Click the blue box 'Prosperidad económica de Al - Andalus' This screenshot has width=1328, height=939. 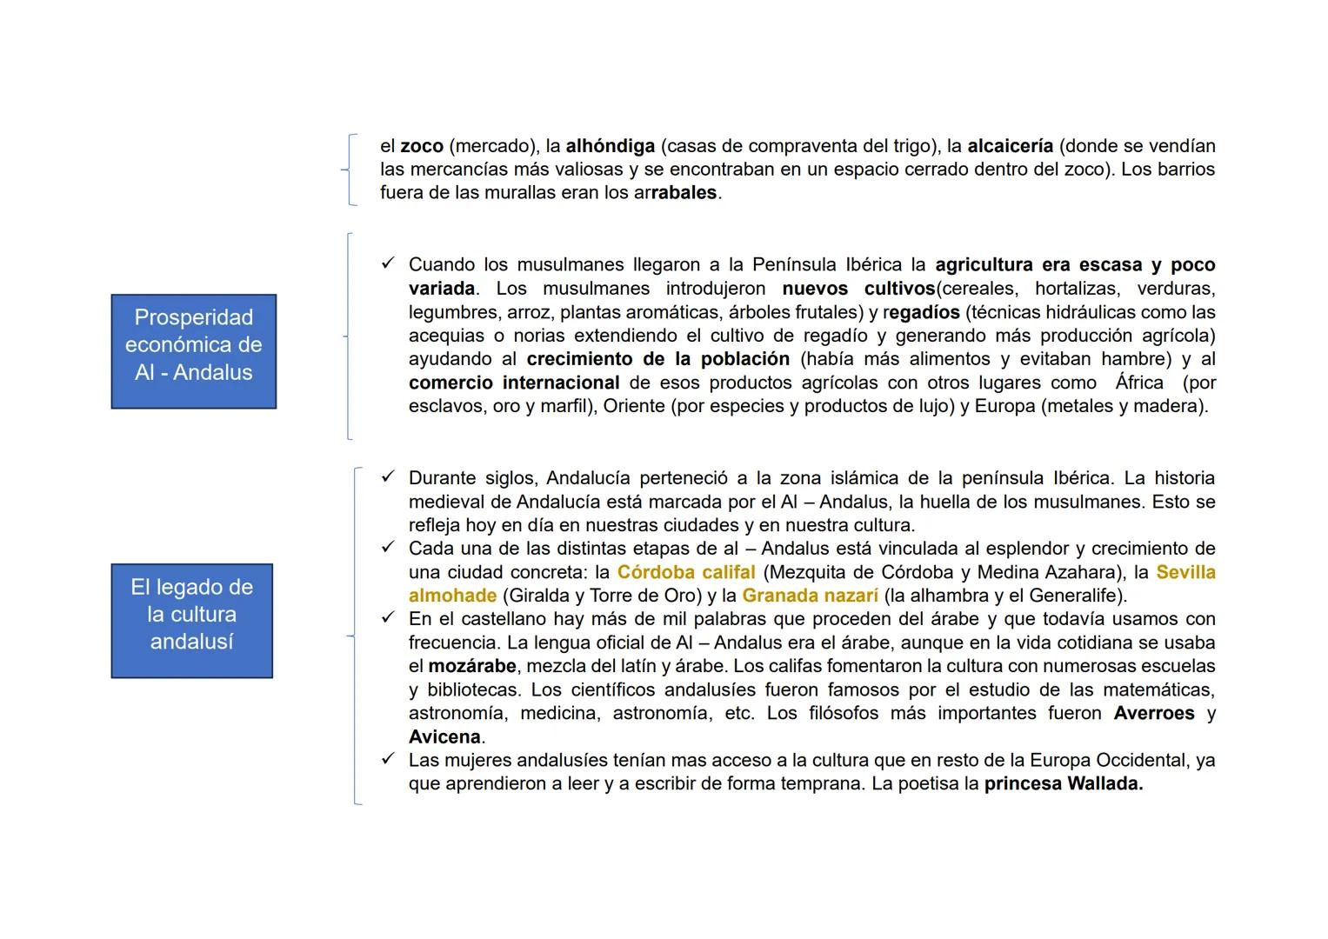(x=193, y=351)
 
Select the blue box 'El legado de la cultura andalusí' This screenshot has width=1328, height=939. (x=191, y=621)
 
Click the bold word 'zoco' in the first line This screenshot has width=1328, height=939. (x=422, y=146)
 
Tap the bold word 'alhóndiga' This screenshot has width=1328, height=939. (x=610, y=146)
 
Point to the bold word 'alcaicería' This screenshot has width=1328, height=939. (x=1010, y=146)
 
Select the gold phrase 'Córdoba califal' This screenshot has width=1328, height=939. (x=686, y=572)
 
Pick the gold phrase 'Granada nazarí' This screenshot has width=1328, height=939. (x=810, y=596)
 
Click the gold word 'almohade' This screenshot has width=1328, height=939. (x=452, y=596)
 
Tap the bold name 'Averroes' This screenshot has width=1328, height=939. (x=1154, y=713)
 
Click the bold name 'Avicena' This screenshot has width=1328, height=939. (x=444, y=736)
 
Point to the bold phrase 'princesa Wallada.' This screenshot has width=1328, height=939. (x=1064, y=783)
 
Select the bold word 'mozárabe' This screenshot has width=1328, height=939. (x=472, y=666)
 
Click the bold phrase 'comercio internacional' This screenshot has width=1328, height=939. (x=514, y=383)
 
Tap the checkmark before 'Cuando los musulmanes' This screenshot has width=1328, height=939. (x=388, y=263)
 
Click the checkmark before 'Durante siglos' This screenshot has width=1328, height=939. (x=388, y=476)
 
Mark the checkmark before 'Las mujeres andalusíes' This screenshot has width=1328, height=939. (x=388, y=759)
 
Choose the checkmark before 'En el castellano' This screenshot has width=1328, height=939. (x=388, y=617)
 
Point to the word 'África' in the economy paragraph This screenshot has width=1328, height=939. (x=1139, y=383)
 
